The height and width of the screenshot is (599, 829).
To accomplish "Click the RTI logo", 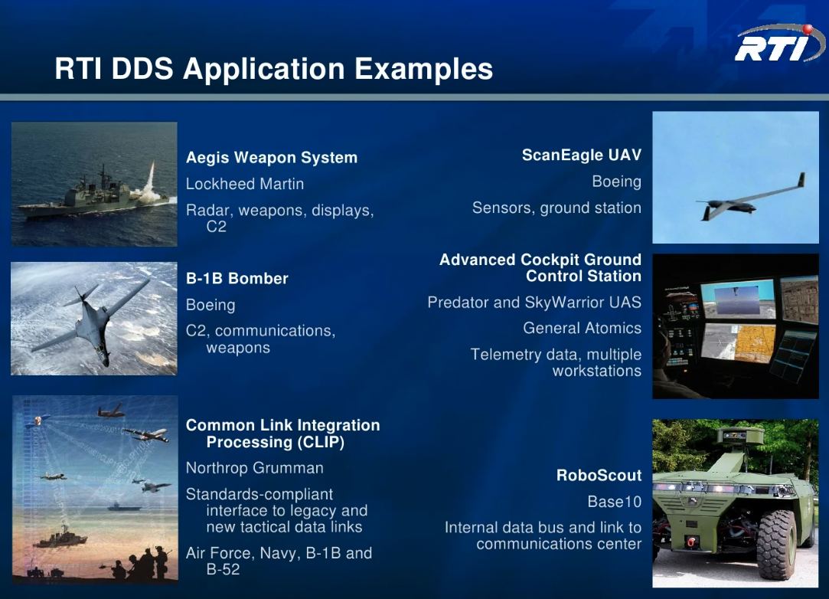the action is point(779,44).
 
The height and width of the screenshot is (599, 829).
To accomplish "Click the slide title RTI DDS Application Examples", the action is point(274,69).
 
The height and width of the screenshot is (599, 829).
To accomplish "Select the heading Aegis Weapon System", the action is point(272,158).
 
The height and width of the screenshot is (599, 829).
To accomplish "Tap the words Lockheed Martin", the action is point(245,184).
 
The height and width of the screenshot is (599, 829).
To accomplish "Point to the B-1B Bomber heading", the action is point(237,278).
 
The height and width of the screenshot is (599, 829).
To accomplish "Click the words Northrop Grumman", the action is point(254,468).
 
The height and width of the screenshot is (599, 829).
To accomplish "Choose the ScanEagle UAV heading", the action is point(582,155).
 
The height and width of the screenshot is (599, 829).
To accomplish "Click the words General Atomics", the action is point(582,328).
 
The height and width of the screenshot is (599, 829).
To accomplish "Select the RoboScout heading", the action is point(599,475).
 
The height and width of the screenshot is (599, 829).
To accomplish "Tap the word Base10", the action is point(615,502).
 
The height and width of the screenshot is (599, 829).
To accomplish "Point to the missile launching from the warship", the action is point(151,175).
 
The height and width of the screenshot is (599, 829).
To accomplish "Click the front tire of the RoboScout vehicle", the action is point(776,545).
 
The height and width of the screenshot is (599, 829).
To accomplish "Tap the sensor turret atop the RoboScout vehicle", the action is point(740,435).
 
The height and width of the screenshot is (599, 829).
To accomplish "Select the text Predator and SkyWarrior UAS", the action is point(534,302).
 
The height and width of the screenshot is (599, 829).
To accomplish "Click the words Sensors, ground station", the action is point(556,208).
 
